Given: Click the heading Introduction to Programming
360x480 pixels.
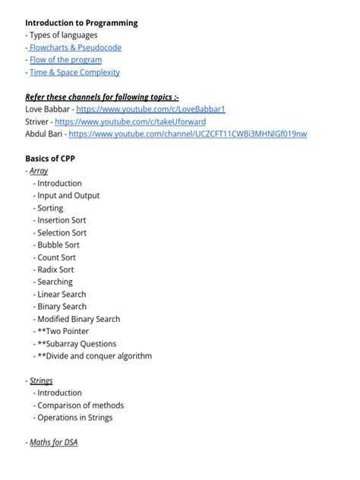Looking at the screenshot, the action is click(81, 23).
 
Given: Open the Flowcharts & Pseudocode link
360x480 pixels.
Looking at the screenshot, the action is click(75, 47).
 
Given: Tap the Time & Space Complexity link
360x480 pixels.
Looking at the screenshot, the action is click(74, 72).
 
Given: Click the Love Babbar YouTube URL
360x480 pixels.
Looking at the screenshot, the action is click(150, 109).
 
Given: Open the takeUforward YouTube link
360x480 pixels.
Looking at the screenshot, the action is click(130, 122).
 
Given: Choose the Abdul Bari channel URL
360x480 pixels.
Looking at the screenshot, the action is click(188, 134).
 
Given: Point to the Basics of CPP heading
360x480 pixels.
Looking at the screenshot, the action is click(49, 159).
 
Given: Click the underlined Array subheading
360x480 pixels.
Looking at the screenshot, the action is click(39, 171).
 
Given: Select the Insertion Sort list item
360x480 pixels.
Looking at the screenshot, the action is click(62, 220).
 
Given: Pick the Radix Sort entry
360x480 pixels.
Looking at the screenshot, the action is click(55, 270).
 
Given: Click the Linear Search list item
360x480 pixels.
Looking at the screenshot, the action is click(62, 294).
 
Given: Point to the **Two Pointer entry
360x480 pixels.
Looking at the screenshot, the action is click(63, 331).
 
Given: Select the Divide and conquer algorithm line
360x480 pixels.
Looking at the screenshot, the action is click(94, 355).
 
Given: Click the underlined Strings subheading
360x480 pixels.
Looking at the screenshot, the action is click(41, 381).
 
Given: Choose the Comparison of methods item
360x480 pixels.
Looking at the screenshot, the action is click(81, 405).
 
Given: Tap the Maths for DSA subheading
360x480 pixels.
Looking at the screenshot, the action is click(53, 442).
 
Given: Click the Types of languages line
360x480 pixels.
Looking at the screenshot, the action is click(62, 35).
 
